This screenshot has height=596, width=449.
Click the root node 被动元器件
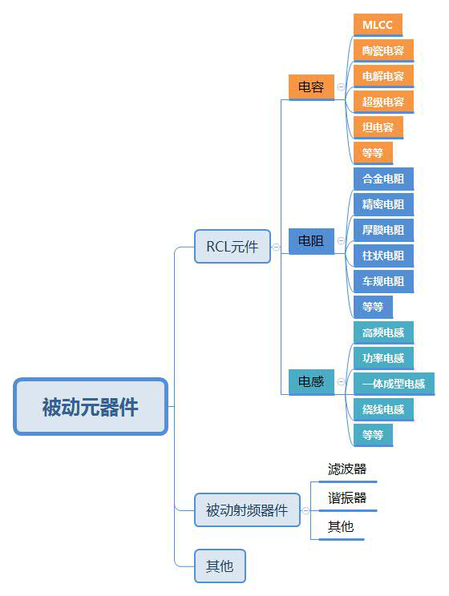91,406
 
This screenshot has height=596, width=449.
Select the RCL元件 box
233,246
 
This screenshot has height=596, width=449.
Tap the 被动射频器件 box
247,510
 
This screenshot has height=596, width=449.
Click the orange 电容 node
311,87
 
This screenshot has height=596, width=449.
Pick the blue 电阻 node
311,241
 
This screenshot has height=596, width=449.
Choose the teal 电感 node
311,381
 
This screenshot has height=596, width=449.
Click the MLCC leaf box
378,25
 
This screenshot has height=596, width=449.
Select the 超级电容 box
383,102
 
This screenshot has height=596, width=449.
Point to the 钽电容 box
378,127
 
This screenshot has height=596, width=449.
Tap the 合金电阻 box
383,179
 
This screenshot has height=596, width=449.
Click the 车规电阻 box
383,281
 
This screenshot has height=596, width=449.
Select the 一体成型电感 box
394,384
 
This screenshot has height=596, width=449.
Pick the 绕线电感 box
383,409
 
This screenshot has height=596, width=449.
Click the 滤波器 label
347,469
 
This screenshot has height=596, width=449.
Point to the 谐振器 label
347,497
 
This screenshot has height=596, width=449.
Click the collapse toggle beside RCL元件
277,248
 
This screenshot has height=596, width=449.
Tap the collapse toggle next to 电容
341,87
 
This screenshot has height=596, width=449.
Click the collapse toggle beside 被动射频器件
305,511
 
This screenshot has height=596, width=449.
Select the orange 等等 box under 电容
373,153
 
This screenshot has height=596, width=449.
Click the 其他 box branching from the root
220,566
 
